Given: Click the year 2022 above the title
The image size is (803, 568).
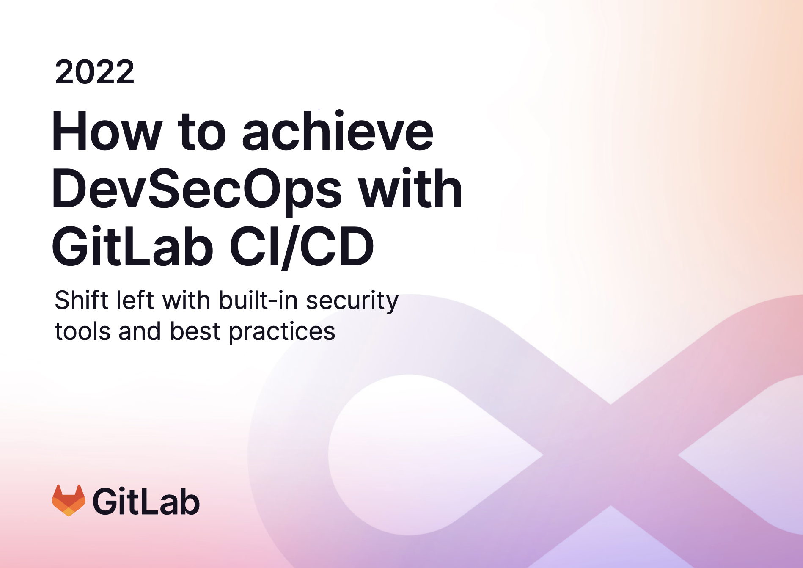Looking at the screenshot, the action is pyautogui.click(x=95, y=72).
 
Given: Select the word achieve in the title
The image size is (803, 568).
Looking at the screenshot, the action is pyautogui.click(x=338, y=130).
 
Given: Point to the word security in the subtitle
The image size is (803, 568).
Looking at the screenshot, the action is pyautogui.click(x=352, y=302).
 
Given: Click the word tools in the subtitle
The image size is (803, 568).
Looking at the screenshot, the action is pyautogui.click(x=82, y=331).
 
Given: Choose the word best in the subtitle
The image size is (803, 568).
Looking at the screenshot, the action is pyautogui.click(x=195, y=331).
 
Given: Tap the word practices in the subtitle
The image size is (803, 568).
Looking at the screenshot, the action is pyautogui.click(x=282, y=332).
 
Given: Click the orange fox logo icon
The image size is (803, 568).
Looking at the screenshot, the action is pyautogui.click(x=69, y=500).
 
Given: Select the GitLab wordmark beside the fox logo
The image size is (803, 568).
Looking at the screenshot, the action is pyautogui.click(x=146, y=501).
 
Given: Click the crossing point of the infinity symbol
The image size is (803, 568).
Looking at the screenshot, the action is pyautogui.click(x=610, y=455).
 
